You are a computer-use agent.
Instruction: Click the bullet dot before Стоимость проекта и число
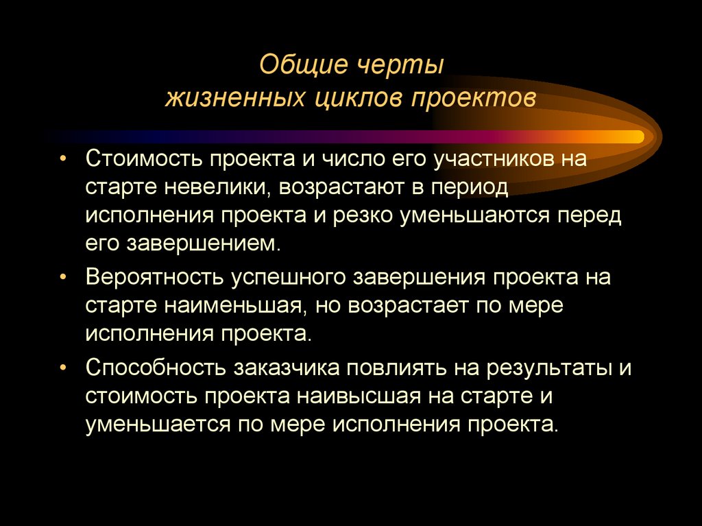click(63, 159)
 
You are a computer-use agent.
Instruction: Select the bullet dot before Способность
click(63, 367)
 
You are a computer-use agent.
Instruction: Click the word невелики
click(218, 187)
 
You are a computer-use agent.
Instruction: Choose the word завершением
click(203, 243)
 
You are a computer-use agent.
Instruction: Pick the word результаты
click(549, 367)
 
